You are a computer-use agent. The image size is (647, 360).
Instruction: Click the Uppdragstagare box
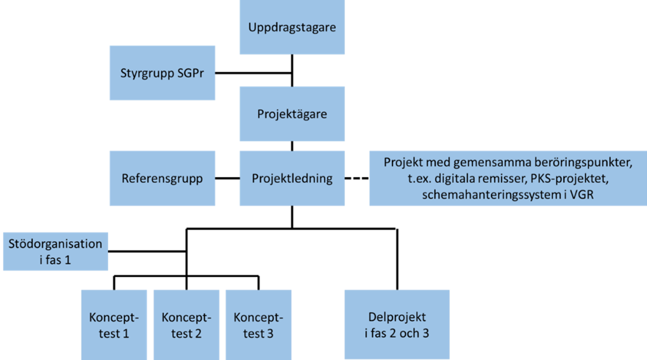(292, 27)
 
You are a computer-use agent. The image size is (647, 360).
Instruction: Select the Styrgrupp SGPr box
(162, 73)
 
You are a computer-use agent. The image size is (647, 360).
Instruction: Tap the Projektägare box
(292, 114)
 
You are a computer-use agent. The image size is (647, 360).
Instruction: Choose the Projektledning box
(292, 179)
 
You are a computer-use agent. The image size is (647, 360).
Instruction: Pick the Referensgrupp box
(162, 179)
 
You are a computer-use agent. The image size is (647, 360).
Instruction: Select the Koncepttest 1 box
(114, 324)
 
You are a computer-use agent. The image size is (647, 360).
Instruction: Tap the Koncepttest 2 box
(186, 324)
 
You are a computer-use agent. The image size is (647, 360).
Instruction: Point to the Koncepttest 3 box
(258, 324)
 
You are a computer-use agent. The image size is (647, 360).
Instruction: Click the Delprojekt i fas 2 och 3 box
(397, 324)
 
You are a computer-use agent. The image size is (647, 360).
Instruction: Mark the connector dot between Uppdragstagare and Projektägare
(292, 55)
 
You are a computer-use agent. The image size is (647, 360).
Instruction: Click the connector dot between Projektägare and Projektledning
(292, 143)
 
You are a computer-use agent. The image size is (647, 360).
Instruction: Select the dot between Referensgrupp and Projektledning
(218, 179)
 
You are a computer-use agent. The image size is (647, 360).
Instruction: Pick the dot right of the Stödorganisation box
(110, 251)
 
